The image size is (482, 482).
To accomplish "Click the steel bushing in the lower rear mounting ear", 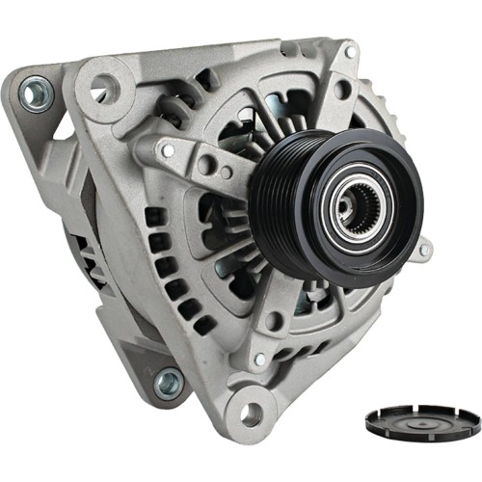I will (168, 383).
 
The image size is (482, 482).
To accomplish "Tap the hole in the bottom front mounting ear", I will (251, 415).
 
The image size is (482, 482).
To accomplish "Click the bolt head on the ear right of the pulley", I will (423, 251).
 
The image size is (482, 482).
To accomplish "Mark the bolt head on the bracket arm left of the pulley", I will (169, 149).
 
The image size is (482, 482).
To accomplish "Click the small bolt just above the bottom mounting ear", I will (258, 359).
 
